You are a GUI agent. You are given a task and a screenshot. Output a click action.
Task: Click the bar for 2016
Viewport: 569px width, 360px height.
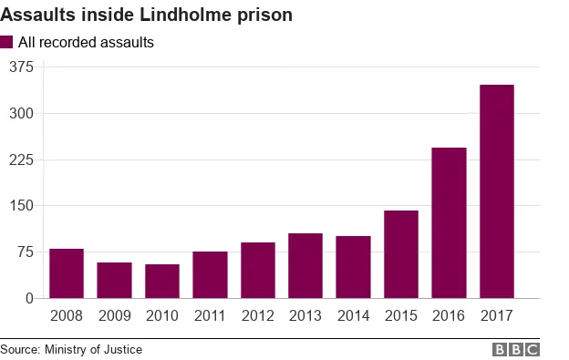click(449, 222)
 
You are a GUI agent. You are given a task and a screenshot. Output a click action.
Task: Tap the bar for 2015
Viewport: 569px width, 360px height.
click(401, 254)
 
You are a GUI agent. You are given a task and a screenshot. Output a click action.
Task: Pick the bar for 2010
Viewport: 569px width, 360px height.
click(162, 281)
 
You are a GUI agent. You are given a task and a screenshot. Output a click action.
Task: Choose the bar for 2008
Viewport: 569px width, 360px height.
click(67, 273)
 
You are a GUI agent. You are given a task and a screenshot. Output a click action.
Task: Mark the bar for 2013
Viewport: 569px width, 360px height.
click(305, 265)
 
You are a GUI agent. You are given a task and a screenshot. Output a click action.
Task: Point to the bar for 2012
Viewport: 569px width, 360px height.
click(258, 270)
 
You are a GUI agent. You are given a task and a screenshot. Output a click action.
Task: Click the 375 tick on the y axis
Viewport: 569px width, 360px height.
click(21, 67)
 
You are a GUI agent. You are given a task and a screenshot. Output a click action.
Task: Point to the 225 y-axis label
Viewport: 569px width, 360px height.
click(21, 159)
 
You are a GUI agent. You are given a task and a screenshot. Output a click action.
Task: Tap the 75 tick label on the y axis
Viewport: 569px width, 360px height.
click(25, 252)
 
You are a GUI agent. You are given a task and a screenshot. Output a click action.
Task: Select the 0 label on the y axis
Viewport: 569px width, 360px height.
click(29, 298)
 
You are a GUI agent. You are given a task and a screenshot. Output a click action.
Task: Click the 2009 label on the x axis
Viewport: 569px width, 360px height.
click(114, 316)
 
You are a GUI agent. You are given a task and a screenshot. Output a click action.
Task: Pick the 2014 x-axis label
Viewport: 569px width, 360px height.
click(353, 316)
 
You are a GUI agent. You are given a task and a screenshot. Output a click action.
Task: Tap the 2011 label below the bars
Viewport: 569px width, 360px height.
click(210, 316)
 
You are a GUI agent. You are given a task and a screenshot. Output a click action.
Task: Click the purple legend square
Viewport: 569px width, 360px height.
click(7, 42)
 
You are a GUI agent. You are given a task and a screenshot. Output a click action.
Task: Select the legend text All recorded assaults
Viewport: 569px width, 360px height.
click(86, 42)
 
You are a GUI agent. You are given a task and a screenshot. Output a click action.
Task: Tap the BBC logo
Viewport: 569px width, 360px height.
click(516, 349)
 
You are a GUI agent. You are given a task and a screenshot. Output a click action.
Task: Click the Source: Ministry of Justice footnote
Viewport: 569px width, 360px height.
click(71, 349)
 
